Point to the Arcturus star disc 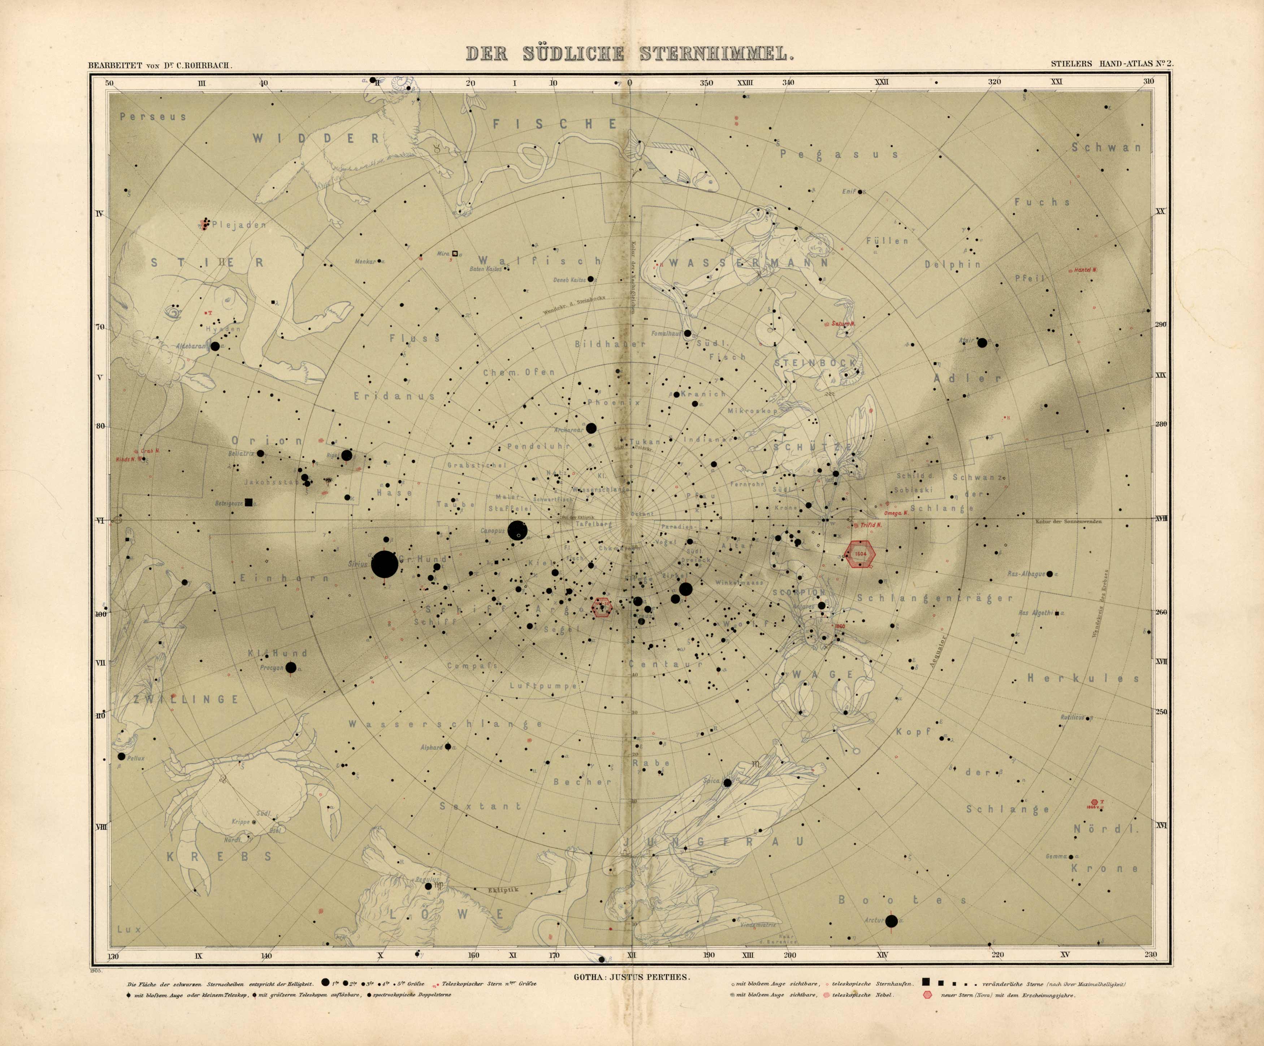pyautogui.click(x=891, y=921)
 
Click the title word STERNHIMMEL pyautogui.click(x=713, y=54)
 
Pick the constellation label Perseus pyautogui.click(x=153, y=117)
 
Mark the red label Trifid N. pyautogui.click(x=871, y=526)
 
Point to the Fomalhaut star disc pyautogui.click(x=687, y=333)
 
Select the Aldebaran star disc pyautogui.click(x=215, y=347)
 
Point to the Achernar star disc pyautogui.click(x=591, y=428)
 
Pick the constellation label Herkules pyautogui.click(x=1083, y=678)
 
